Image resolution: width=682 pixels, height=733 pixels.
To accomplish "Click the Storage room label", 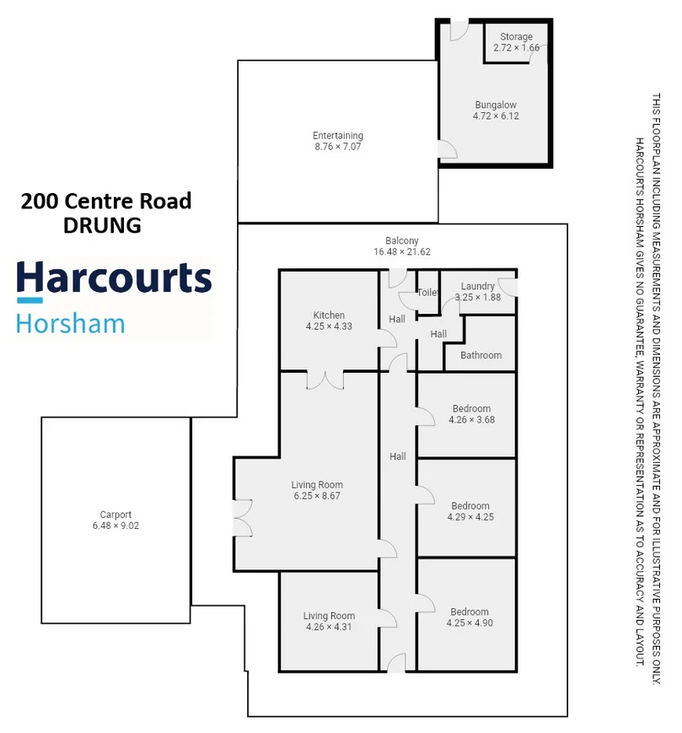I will coord(516,37).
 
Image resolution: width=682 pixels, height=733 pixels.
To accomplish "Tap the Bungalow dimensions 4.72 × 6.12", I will coord(495,116).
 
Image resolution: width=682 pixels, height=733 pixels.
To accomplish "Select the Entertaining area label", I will coord(337,136).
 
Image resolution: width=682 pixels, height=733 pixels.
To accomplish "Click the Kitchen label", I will coord(329,315).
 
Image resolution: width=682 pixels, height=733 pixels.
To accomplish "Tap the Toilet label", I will coord(428,293).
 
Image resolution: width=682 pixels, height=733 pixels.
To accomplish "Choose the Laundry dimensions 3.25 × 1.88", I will coord(477,298).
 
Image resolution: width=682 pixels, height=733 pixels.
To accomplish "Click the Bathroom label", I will coord(481,356).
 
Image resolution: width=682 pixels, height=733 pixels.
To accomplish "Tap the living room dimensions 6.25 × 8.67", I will coord(317,497).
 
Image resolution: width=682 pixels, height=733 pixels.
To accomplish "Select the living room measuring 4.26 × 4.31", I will coord(329,622).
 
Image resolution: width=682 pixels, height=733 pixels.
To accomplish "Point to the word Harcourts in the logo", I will coord(114,278).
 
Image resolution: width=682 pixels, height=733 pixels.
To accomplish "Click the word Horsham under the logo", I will coord(71,323).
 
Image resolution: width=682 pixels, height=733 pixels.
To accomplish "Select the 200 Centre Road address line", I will coord(106,202).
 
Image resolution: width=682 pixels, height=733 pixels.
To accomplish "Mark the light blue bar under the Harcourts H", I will coord(30,299).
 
